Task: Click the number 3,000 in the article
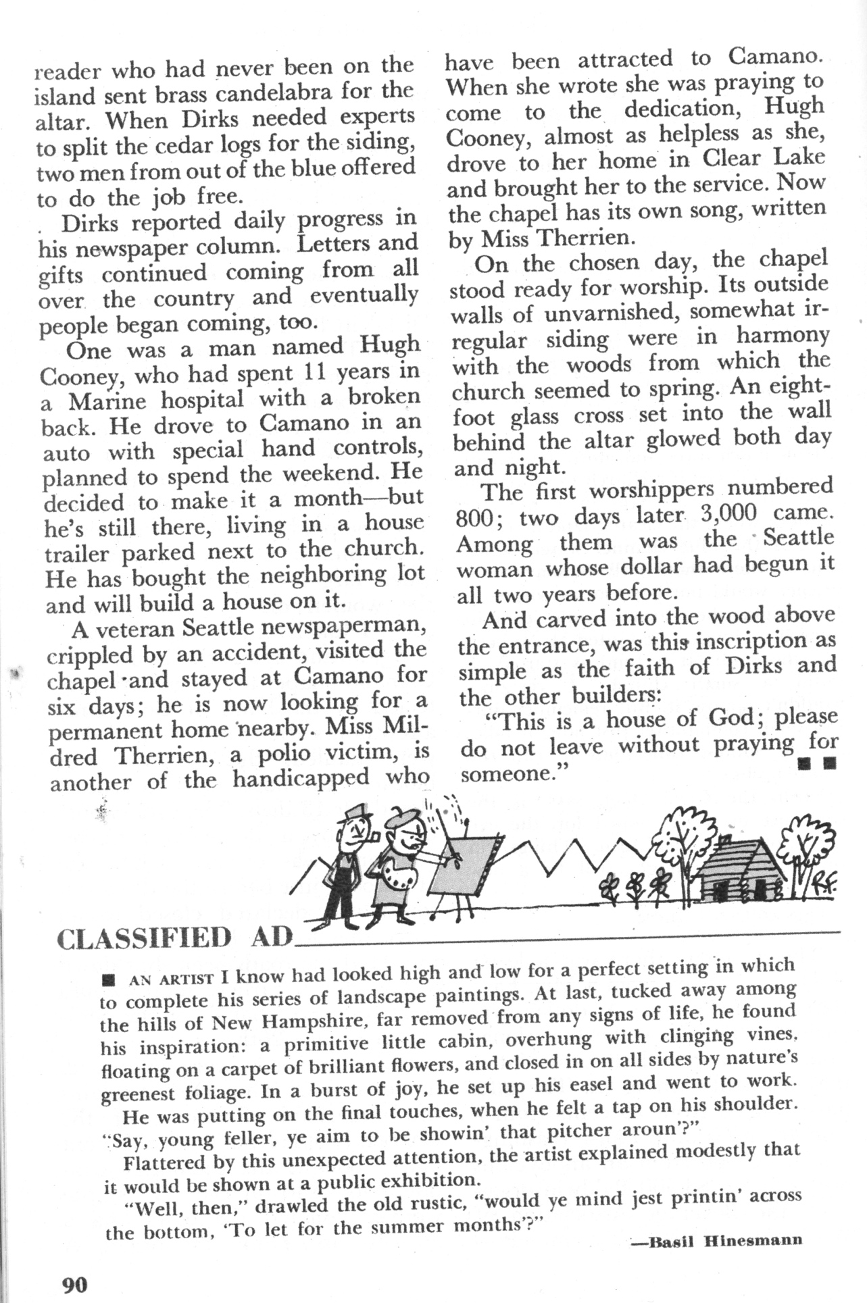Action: (x=729, y=513)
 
